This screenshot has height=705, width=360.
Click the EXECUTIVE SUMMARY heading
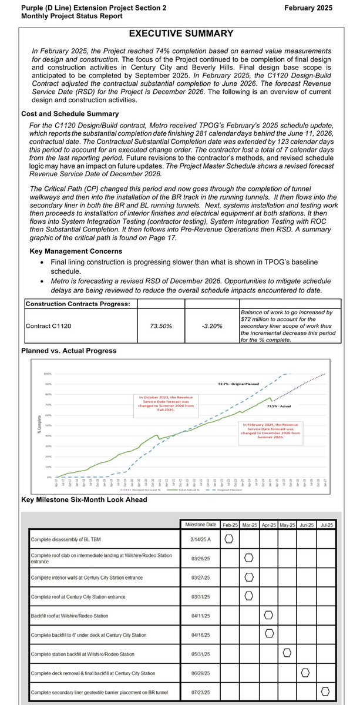(x=180, y=33)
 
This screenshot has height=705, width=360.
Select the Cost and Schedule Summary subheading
(x=69, y=113)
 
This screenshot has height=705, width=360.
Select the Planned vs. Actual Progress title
(x=68, y=351)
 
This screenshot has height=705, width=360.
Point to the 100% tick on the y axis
(x=48, y=374)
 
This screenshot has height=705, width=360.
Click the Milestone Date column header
(x=200, y=524)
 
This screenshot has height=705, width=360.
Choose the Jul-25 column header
(x=328, y=524)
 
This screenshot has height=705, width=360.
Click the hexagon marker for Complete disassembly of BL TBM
(x=230, y=539)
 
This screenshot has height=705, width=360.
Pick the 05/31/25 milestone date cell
(x=200, y=653)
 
